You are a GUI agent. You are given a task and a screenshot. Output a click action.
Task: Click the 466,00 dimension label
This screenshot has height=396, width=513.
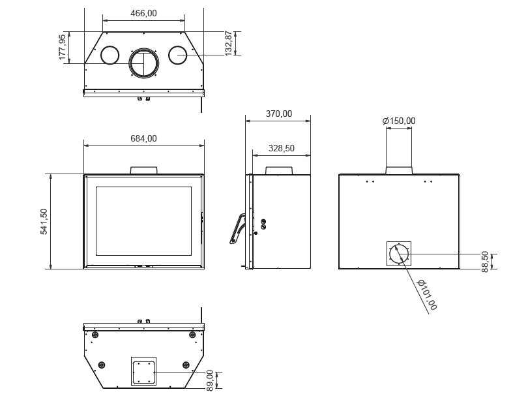coord(143,13)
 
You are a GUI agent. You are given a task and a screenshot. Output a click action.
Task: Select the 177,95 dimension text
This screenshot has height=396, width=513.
coord(63,48)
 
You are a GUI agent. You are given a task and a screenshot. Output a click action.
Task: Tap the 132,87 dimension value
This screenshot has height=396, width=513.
coord(229,43)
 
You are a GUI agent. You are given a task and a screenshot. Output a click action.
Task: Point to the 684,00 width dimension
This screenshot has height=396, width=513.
coord(143,138)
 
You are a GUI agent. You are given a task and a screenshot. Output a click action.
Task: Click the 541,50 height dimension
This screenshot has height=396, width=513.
coord(44,221)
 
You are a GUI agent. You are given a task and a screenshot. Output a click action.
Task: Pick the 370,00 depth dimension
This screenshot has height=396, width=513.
coord(279,114)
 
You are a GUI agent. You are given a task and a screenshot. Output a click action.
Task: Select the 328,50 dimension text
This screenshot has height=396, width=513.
coord(282,148)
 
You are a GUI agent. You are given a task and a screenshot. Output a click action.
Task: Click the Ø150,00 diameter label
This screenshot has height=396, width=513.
coord(399,121)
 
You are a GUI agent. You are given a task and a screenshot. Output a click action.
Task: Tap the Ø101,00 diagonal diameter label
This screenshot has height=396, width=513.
coord(427,295)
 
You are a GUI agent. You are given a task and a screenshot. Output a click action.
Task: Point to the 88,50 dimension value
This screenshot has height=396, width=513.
coord(485,262)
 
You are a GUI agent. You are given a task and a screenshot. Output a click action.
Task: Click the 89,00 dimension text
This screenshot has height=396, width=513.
coord(210,380)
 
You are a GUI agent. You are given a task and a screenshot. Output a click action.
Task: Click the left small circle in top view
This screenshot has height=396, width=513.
coord(110,55)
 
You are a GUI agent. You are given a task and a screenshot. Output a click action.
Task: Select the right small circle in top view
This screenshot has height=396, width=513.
coord(178,55)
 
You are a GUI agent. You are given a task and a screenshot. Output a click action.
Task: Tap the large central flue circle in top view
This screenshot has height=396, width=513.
coord(143,63)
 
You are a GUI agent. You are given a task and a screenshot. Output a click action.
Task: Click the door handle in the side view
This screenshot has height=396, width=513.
coord(237,228)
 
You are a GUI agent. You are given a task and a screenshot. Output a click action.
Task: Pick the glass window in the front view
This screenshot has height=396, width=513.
coord(143,221)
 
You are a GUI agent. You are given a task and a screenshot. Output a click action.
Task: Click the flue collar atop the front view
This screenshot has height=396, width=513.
coord(143,170)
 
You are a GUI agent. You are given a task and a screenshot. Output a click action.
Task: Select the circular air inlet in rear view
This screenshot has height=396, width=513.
coord(399,253)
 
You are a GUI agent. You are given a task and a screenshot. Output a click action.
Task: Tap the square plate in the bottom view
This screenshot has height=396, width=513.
coord(143,373)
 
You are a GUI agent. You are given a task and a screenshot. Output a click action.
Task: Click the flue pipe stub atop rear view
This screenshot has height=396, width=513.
coord(399,170)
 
